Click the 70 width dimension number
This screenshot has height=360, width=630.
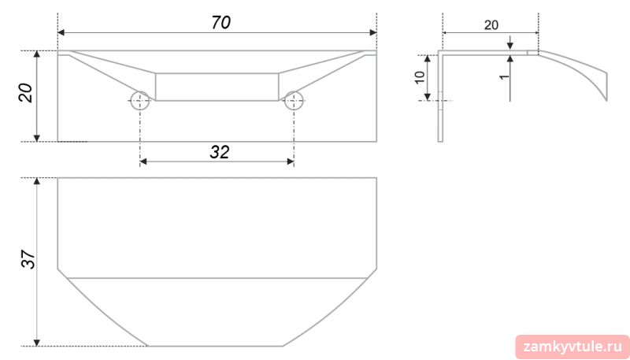pos(221,23)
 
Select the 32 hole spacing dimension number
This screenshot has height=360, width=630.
pos(220,152)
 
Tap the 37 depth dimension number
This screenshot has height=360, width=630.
pos(28,261)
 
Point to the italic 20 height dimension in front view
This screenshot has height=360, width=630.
pos(25,93)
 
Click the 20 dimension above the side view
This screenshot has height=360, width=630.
pos(491,25)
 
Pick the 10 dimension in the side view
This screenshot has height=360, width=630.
pos(420,76)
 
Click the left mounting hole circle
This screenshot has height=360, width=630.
pos(140,101)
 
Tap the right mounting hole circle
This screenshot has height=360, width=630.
pos(294,101)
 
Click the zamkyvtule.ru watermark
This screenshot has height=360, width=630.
pos(573,347)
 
